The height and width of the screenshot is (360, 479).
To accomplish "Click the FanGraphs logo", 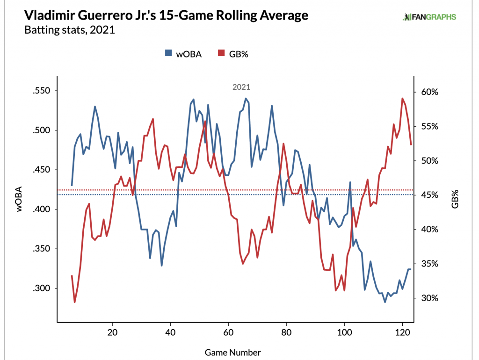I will tap(429, 17).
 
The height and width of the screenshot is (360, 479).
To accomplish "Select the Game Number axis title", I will tap(232, 352).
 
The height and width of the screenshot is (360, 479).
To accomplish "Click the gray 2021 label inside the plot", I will tap(241, 87).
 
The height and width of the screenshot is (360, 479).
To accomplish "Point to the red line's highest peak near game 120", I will tap(402, 98).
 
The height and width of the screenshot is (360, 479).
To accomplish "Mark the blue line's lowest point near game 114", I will tap(385, 302).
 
